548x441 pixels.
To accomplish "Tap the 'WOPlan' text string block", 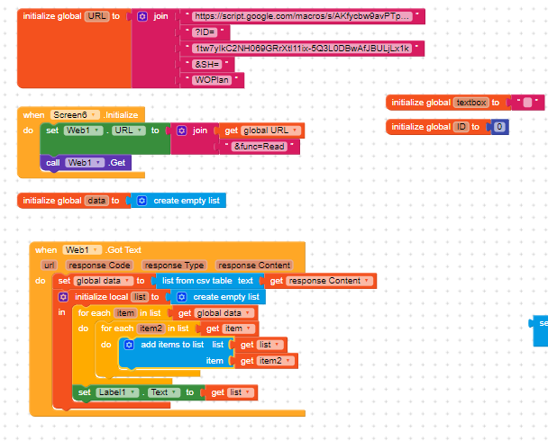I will point(213,80).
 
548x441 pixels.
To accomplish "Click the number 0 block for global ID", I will point(499,127).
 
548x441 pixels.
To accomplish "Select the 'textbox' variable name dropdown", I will point(470,103).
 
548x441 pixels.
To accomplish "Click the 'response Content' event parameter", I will point(253,265).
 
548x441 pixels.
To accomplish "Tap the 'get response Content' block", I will point(319,281).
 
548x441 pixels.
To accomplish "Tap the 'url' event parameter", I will point(49,265).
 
